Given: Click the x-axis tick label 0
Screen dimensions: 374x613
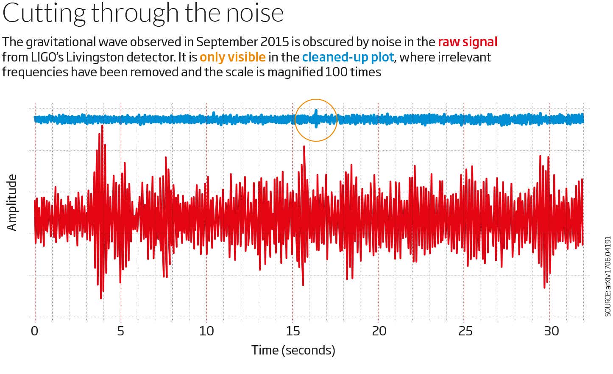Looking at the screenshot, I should [35, 331].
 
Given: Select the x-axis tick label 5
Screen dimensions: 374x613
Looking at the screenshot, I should [121, 331].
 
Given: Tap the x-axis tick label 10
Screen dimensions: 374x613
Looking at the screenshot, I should [206, 331].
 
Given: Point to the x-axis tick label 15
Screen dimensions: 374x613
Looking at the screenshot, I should [293, 331].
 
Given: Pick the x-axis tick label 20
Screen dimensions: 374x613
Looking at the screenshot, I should [379, 331].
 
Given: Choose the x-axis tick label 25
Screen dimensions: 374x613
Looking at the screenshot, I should [465, 331].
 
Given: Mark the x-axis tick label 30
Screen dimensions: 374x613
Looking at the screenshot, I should [551, 331].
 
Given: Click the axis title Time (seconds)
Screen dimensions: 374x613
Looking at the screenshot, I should [293, 350].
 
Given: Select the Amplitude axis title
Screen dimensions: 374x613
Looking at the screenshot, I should [12, 202].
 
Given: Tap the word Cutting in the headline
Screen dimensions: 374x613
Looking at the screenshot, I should [44, 13].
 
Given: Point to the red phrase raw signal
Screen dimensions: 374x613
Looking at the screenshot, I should [467, 42].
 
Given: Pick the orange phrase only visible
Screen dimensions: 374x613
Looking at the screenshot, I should [232, 57].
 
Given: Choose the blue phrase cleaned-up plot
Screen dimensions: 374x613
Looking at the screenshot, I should [348, 57].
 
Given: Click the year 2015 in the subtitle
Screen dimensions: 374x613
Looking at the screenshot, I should [275, 42].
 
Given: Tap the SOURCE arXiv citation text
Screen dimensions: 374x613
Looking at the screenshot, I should [607, 276].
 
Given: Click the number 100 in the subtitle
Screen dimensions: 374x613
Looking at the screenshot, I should [332, 72].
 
